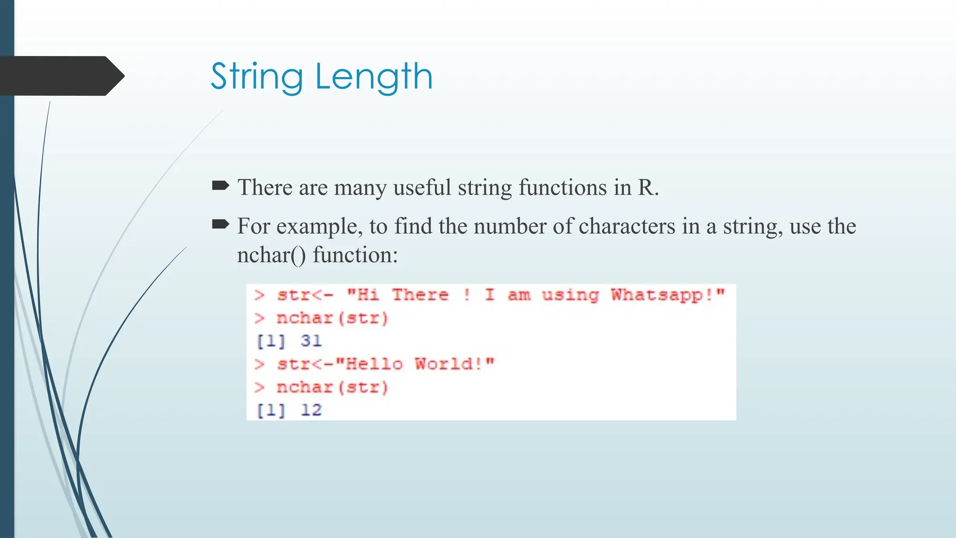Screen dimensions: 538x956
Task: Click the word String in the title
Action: tap(257, 77)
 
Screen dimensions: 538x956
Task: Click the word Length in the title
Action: tap(374, 77)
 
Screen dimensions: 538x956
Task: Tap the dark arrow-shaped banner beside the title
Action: tap(61, 76)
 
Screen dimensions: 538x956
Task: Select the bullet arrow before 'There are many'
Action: tap(220, 186)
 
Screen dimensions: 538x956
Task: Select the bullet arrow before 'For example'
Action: tap(220, 225)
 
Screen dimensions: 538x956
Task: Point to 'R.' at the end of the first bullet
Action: tap(648, 188)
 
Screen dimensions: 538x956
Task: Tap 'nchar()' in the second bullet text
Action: tap(271, 255)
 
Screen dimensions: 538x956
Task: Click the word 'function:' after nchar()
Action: tap(355, 255)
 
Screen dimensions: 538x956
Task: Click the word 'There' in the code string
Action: tap(420, 295)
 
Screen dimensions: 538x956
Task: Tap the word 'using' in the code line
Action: tap(570, 295)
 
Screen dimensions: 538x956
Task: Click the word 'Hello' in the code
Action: tap(374, 364)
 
